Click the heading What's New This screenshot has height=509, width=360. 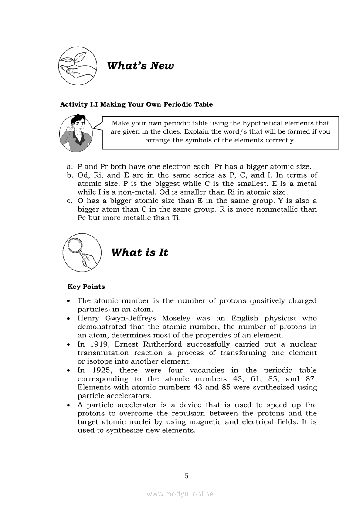point(140,66)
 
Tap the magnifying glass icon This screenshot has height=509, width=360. point(82,252)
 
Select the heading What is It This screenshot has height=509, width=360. point(139,253)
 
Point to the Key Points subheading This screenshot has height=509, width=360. point(86,287)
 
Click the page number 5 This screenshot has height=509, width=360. point(186,475)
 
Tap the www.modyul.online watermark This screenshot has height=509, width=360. point(180,494)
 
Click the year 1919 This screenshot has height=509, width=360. point(99,344)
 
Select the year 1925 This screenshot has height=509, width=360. point(99,370)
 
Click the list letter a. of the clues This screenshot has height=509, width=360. point(69,167)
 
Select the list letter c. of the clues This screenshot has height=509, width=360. point(69,201)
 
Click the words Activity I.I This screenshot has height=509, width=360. point(79,104)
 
